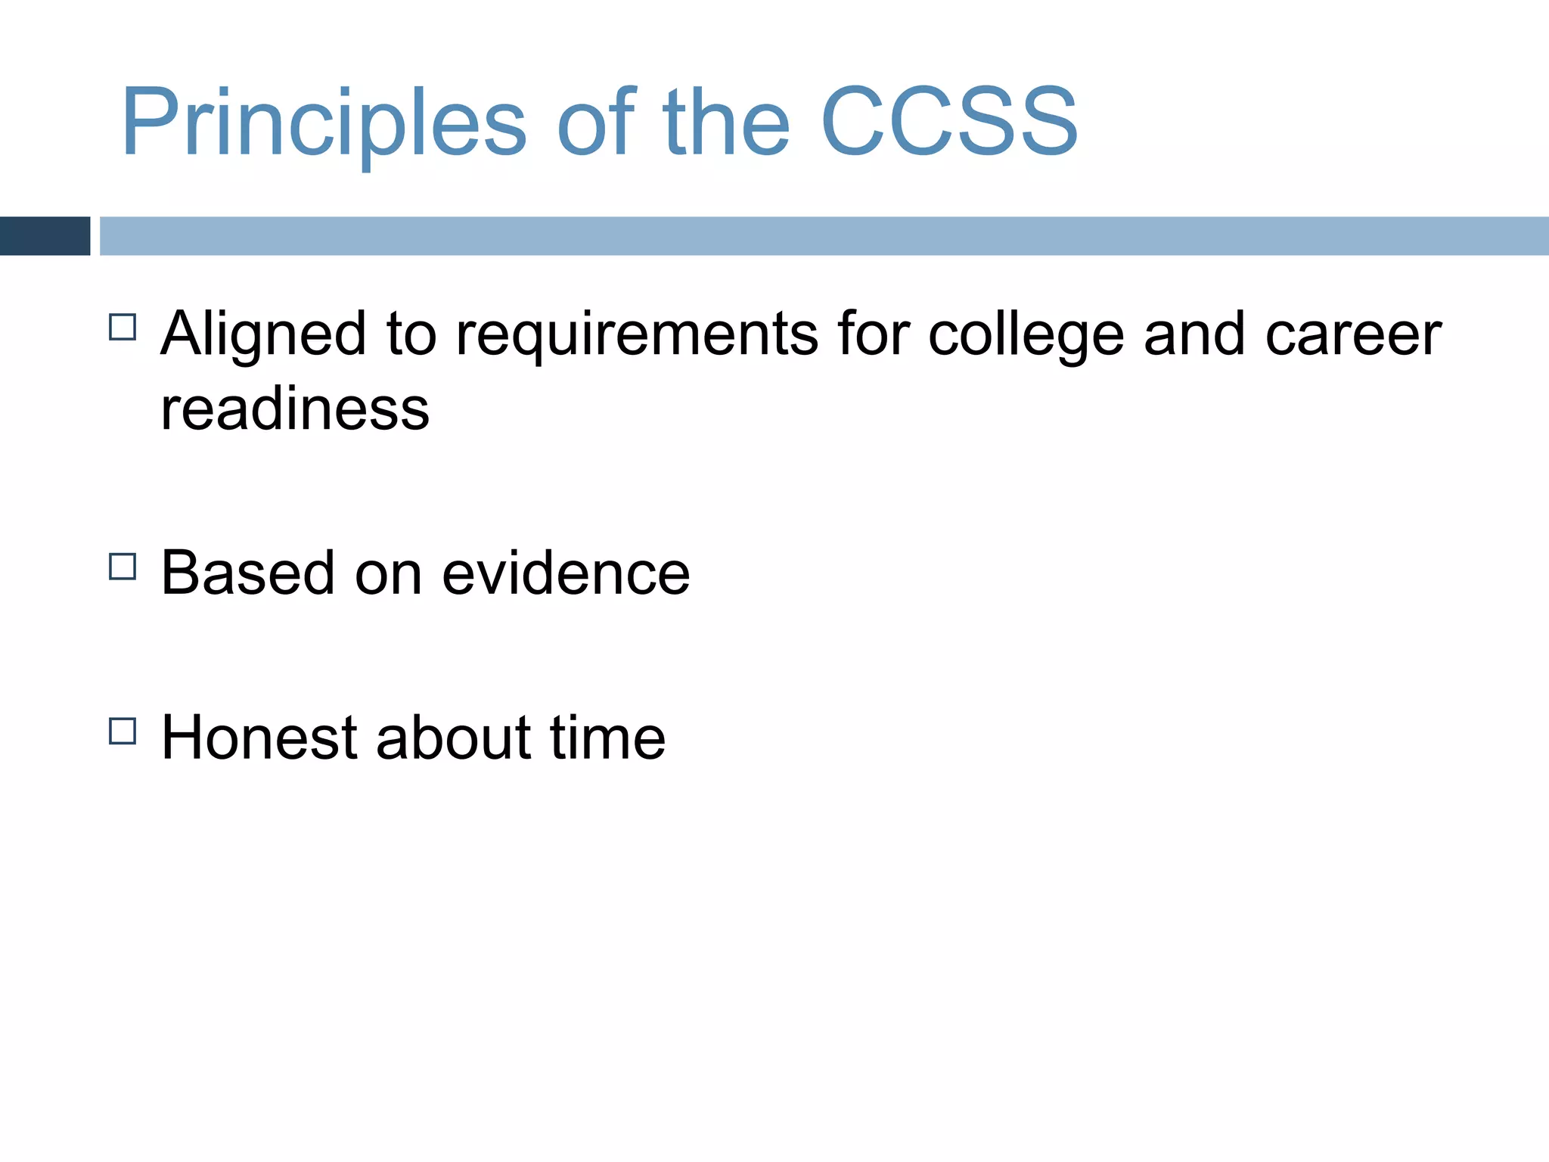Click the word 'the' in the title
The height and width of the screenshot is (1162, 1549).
tap(725, 123)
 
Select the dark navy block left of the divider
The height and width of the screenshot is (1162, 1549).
tap(45, 236)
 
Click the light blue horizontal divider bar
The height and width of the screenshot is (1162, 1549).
tap(823, 236)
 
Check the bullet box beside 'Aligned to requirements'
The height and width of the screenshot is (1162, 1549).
tap(123, 328)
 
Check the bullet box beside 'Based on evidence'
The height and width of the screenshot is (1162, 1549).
tap(123, 567)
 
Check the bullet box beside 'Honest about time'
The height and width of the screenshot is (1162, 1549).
tap(123, 732)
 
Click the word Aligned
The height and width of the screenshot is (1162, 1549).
tap(264, 335)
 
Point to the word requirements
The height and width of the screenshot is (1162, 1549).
tap(636, 335)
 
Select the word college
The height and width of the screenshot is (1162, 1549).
tap(1026, 335)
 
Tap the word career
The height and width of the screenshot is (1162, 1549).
tap(1353, 335)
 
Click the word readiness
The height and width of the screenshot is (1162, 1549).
tap(295, 409)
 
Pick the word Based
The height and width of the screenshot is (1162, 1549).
tap(248, 573)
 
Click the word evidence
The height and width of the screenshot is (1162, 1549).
tap(566, 573)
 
